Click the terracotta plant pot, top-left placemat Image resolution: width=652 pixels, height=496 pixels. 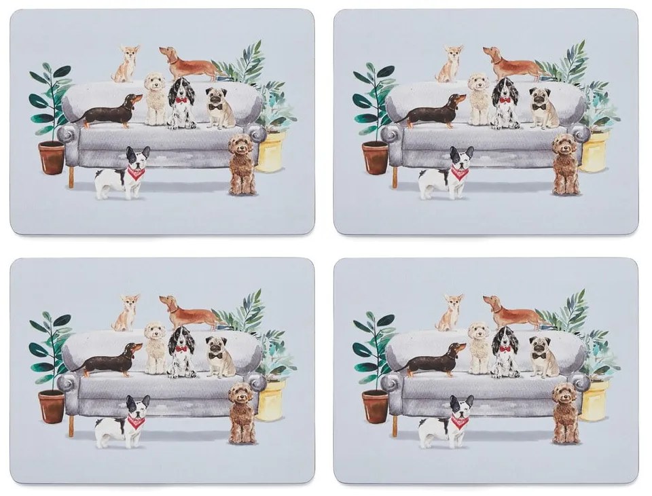[x=52, y=157]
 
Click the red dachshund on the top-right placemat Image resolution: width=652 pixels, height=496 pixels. [x=511, y=63]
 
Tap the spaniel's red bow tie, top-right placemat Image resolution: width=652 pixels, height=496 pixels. [x=504, y=101]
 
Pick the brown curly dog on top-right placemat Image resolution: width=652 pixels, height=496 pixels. [x=565, y=164]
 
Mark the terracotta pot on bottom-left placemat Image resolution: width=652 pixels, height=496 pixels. [x=52, y=406]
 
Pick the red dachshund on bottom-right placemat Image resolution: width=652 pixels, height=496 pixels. [x=511, y=312]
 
